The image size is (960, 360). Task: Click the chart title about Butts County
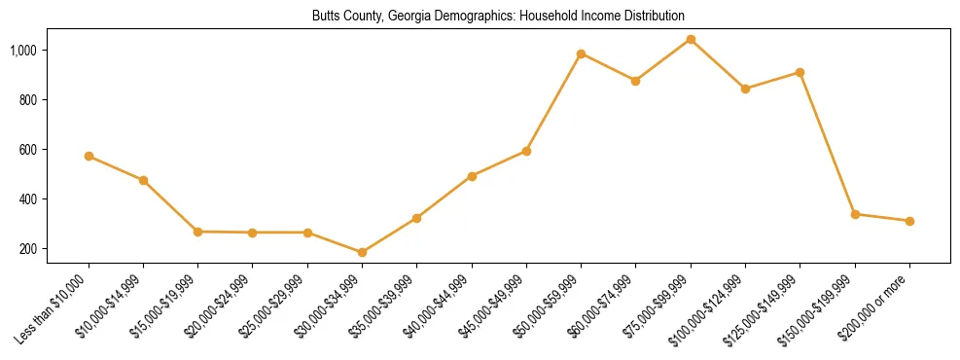[x=498, y=17]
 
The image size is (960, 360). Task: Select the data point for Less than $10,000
[x=89, y=156]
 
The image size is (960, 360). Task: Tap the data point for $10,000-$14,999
[x=143, y=180]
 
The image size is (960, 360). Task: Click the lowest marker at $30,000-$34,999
[x=362, y=252]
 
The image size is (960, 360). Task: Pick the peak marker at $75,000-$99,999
[x=691, y=39]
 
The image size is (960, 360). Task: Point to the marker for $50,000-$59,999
[x=581, y=54]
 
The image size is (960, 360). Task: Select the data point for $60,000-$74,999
[x=635, y=81]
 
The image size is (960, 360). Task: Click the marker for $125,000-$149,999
[x=800, y=72]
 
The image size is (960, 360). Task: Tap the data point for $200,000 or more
[x=909, y=221]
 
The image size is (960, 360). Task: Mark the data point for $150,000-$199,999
[x=855, y=214]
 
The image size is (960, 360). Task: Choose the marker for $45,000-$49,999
[x=526, y=151]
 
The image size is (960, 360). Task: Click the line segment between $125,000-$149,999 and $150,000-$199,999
[x=828, y=143]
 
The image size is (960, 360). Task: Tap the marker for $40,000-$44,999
[x=472, y=176]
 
